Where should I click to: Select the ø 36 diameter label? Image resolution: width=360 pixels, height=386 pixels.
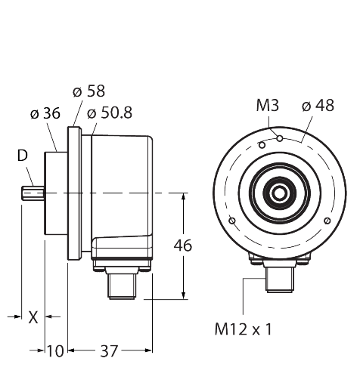pos(45,114)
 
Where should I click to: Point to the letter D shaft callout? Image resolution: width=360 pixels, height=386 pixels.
pos(23,156)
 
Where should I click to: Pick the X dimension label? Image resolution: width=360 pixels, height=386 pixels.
pos(32,317)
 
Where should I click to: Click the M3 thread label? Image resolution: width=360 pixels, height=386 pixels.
pos(267,106)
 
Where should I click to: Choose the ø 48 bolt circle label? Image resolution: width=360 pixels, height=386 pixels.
pos(318,106)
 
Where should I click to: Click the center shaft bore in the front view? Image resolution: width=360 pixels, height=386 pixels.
pos(279,193)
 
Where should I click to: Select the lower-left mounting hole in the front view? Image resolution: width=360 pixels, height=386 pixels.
pos(232,221)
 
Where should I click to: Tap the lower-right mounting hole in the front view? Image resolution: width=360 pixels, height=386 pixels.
pos(326,221)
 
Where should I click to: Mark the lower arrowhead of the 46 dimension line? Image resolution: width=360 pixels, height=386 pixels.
pos(184,294)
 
